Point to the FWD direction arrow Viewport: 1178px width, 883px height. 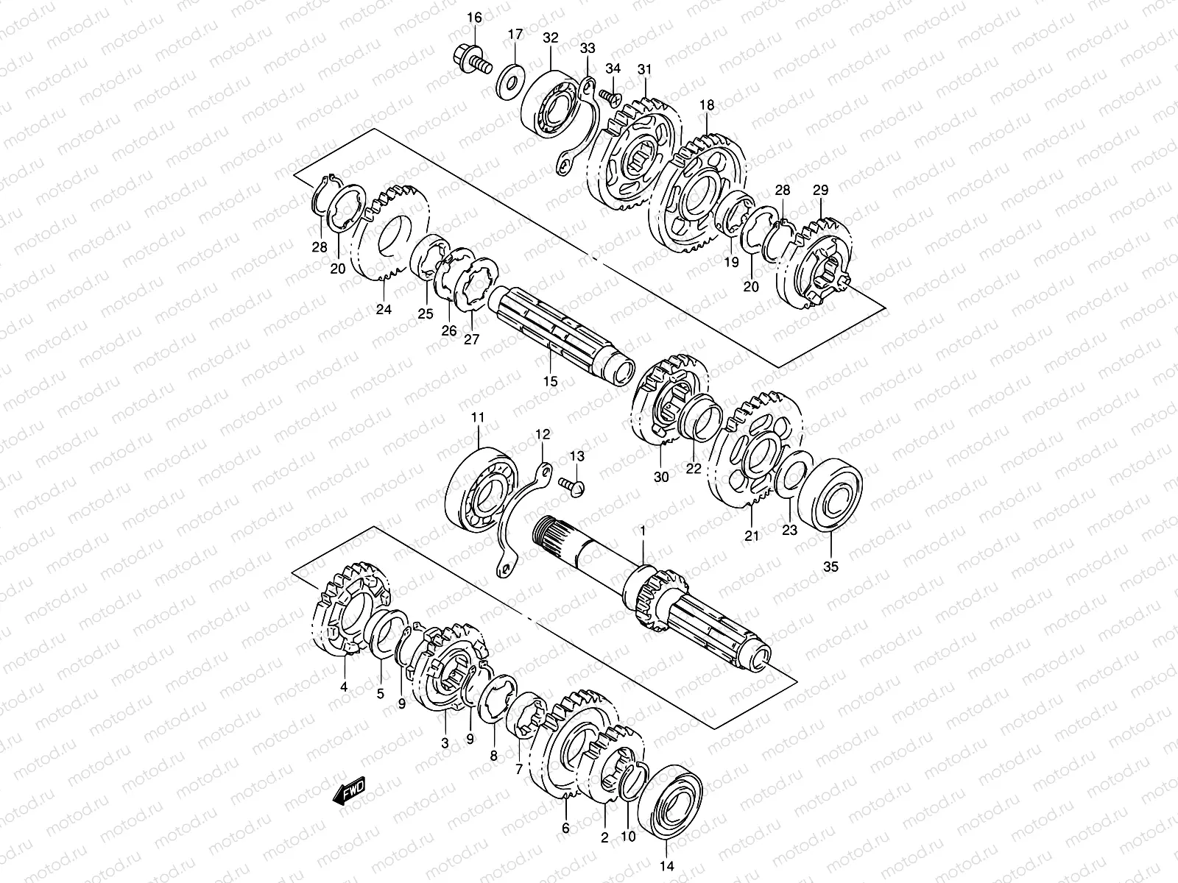click(x=348, y=792)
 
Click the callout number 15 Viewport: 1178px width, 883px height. click(x=551, y=381)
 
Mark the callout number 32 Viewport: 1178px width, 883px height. click(x=550, y=38)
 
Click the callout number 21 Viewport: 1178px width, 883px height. click(x=751, y=536)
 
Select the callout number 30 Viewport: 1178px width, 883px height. click(x=661, y=477)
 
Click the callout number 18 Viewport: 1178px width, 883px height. click(x=707, y=105)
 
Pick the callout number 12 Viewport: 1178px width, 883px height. click(x=543, y=434)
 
